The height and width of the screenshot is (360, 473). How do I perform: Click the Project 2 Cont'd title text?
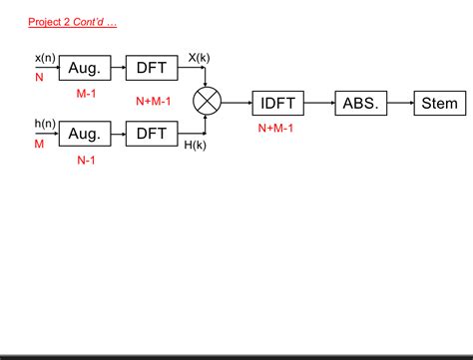73,21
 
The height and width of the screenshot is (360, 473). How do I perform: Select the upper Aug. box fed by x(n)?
85,68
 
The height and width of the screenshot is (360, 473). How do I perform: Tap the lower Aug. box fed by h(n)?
85,133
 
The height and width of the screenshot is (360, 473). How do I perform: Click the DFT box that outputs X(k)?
152,68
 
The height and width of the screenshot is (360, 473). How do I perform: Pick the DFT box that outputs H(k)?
152,133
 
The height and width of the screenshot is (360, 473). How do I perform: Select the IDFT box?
277,103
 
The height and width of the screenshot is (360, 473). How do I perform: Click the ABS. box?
360,103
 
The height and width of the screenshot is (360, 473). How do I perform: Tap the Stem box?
439,103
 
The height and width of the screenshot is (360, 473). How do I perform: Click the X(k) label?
199,58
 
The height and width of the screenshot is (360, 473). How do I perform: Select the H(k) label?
197,146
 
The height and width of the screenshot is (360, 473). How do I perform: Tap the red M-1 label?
86,93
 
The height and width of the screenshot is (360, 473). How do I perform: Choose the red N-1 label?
86,159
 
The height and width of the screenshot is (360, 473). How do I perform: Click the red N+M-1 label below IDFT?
277,128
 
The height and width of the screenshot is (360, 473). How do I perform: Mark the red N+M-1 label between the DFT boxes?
154,101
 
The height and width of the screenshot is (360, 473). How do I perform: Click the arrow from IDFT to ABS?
318,103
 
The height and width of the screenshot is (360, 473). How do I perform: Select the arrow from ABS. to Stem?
399,103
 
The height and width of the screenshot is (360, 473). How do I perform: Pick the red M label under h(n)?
40,143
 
